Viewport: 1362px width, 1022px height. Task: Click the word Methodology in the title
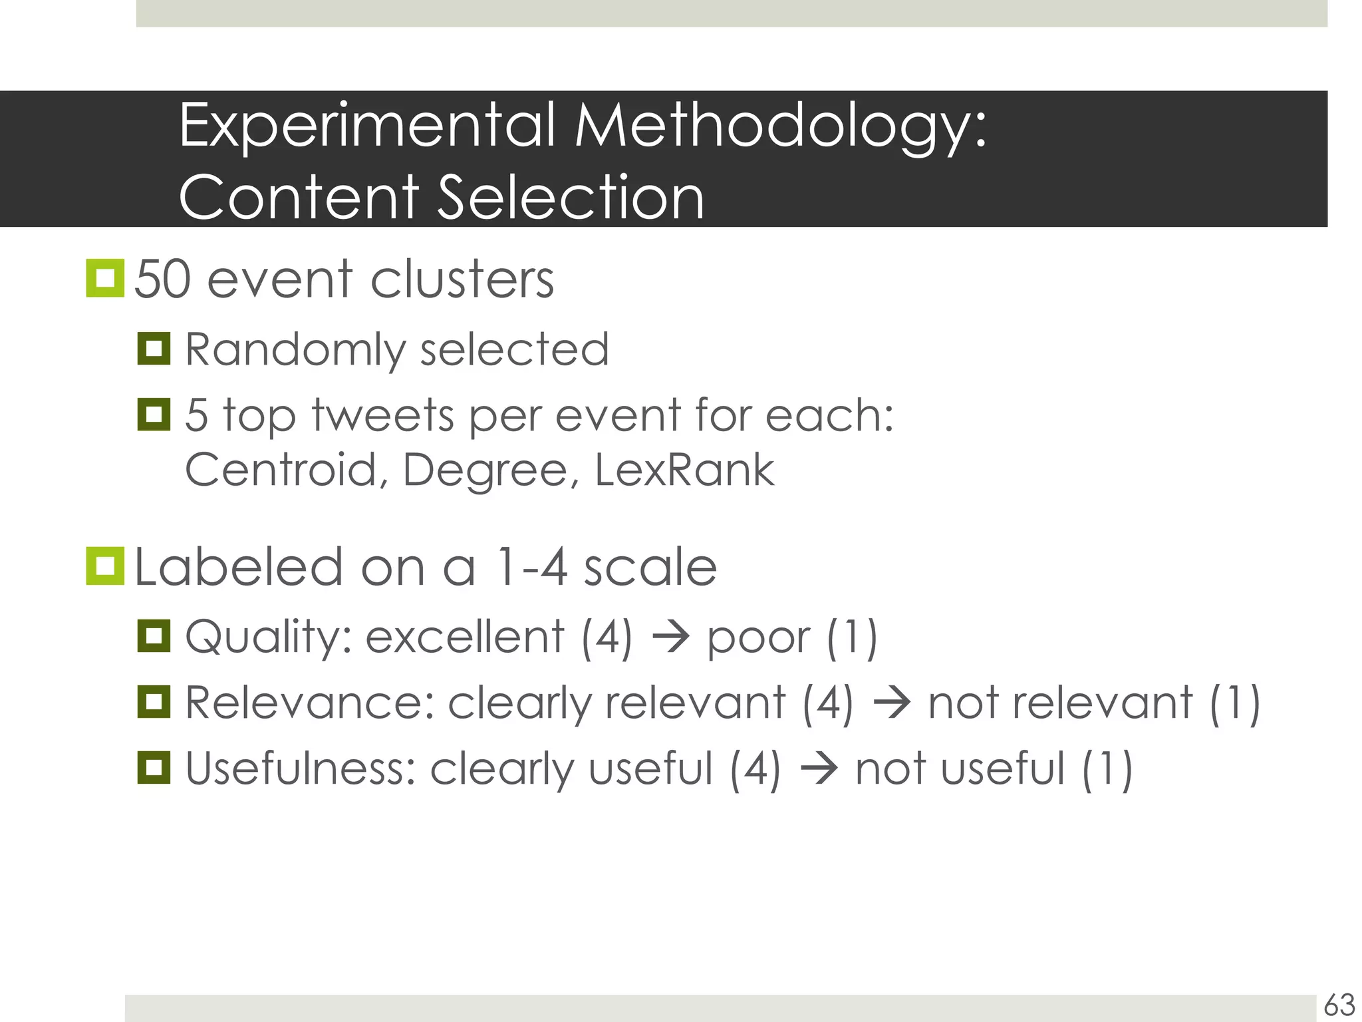click(781, 126)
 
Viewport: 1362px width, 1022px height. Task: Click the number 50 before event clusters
click(163, 279)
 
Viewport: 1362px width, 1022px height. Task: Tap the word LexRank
click(684, 470)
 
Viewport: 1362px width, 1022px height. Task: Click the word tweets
click(383, 415)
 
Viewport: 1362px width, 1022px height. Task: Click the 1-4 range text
click(531, 568)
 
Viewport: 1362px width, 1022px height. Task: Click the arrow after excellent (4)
click(670, 637)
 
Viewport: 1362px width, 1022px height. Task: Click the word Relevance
click(309, 703)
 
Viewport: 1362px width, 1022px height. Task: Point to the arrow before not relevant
click(890, 703)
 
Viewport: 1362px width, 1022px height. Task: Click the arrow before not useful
click(818, 768)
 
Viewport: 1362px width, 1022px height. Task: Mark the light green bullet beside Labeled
click(105, 566)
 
